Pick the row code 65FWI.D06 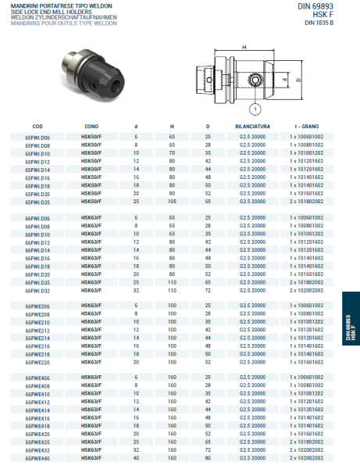click(x=37, y=137)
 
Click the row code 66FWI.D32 click(x=37, y=290)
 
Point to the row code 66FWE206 click(x=37, y=306)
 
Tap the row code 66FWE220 click(x=37, y=363)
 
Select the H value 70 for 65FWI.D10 click(x=172, y=153)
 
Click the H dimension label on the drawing click(x=244, y=48)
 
